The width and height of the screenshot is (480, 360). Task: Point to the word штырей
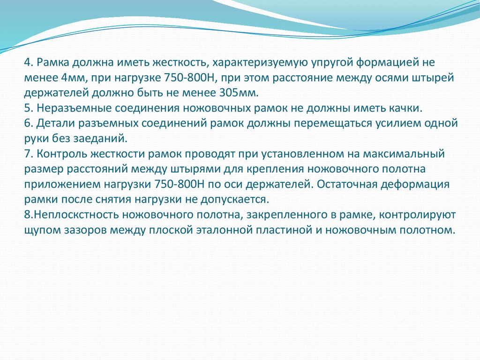point(433,77)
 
